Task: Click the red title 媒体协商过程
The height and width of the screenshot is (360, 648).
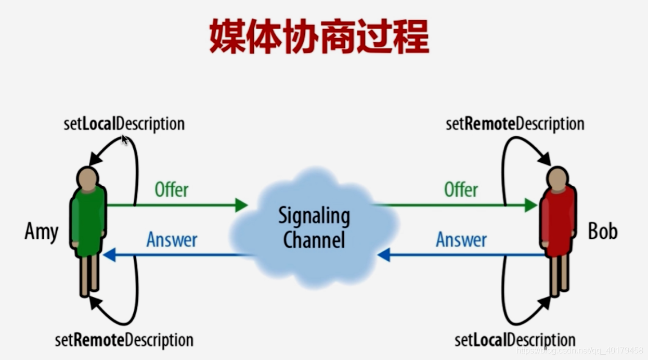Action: coord(319,37)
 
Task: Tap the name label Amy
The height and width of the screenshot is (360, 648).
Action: coord(41,232)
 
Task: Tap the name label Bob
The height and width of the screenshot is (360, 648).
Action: coord(603,231)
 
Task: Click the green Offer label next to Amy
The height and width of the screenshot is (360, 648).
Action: coord(172,190)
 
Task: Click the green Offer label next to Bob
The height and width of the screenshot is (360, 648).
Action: coord(461,190)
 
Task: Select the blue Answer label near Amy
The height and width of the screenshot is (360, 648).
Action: coord(172,240)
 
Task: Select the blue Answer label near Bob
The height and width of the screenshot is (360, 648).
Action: coord(461,240)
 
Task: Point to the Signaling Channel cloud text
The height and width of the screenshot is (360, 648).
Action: coord(314,227)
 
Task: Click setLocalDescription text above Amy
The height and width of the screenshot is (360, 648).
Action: coord(124,124)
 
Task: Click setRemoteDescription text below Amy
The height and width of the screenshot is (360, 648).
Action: coord(124,340)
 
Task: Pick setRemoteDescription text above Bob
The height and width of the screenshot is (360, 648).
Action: coord(515,124)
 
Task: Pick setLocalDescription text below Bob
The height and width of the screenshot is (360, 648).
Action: coord(515,340)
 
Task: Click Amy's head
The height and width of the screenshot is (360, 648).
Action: coord(87,177)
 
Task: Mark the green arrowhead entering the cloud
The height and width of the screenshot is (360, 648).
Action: coord(241,205)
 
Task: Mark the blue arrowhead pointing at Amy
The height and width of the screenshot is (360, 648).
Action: coord(109,255)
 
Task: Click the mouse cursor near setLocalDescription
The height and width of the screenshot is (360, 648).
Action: coord(125,139)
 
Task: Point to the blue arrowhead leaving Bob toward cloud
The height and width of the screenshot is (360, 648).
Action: coord(384,255)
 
